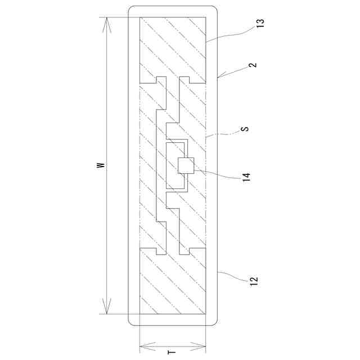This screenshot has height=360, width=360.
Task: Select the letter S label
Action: click(x=244, y=129)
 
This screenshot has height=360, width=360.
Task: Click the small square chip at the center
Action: click(x=186, y=165)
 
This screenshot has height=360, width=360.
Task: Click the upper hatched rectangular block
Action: click(x=173, y=48)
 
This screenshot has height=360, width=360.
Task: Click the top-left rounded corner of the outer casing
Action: click(x=132, y=10)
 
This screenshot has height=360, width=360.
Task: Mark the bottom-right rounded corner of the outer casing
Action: click(x=214, y=322)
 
